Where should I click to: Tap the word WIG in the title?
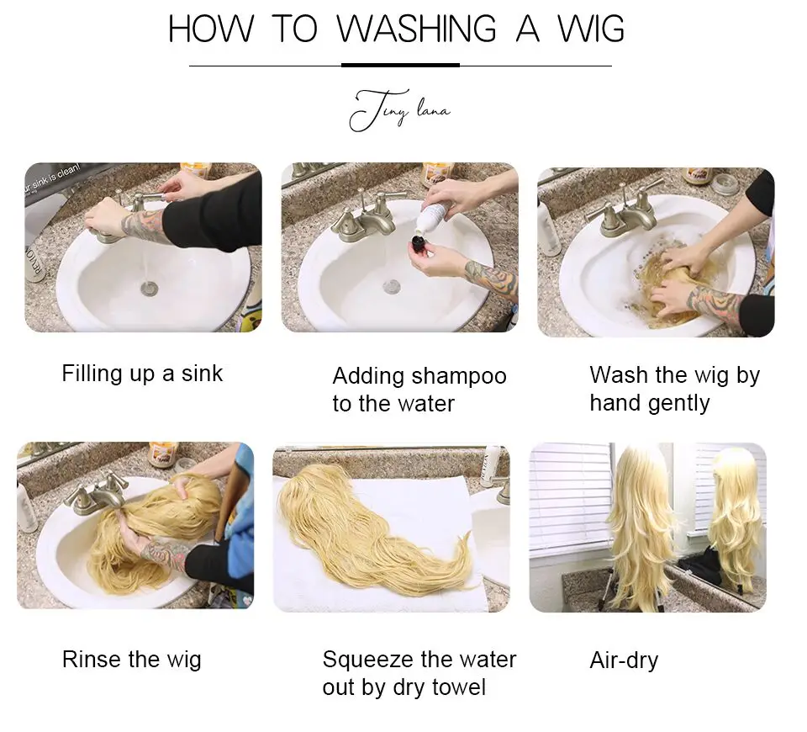(591, 29)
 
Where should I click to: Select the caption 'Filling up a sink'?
(142, 373)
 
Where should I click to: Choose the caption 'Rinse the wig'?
(131, 659)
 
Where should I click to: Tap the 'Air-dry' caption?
(623, 660)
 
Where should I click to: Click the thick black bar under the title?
(400, 65)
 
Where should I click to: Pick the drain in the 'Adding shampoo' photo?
(392, 287)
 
